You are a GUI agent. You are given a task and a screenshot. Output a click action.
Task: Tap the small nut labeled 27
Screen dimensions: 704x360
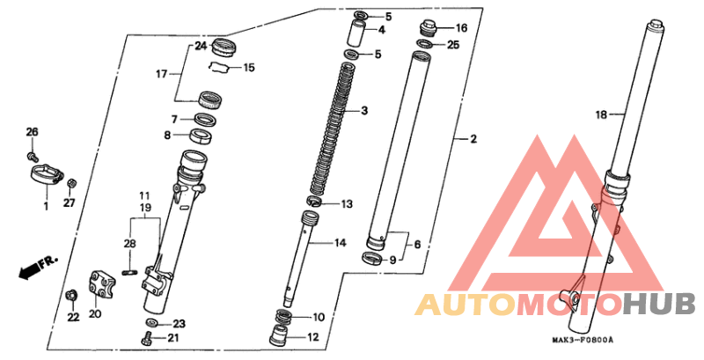(x=70, y=184)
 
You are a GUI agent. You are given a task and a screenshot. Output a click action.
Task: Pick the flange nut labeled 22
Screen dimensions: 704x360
(x=70, y=296)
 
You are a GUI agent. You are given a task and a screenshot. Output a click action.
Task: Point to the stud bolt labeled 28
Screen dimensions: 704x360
(x=129, y=272)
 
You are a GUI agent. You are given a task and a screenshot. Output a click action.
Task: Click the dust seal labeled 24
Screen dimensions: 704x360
(x=224, y=48)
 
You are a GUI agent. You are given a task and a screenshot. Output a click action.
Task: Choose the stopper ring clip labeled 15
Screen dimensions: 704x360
(x=218, y=67)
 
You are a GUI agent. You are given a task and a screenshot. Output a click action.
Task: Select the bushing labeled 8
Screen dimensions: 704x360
(x=202, y=136)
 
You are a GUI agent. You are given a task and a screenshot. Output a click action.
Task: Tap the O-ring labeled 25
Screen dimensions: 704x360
(x=424, y=44)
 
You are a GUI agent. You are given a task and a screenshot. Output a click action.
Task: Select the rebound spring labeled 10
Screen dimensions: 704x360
(x=283, y=316)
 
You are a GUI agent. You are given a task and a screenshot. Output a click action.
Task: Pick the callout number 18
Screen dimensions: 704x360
(x=601, y=115)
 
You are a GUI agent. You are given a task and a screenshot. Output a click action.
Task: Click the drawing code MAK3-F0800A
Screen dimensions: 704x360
(x=583, y=340)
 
